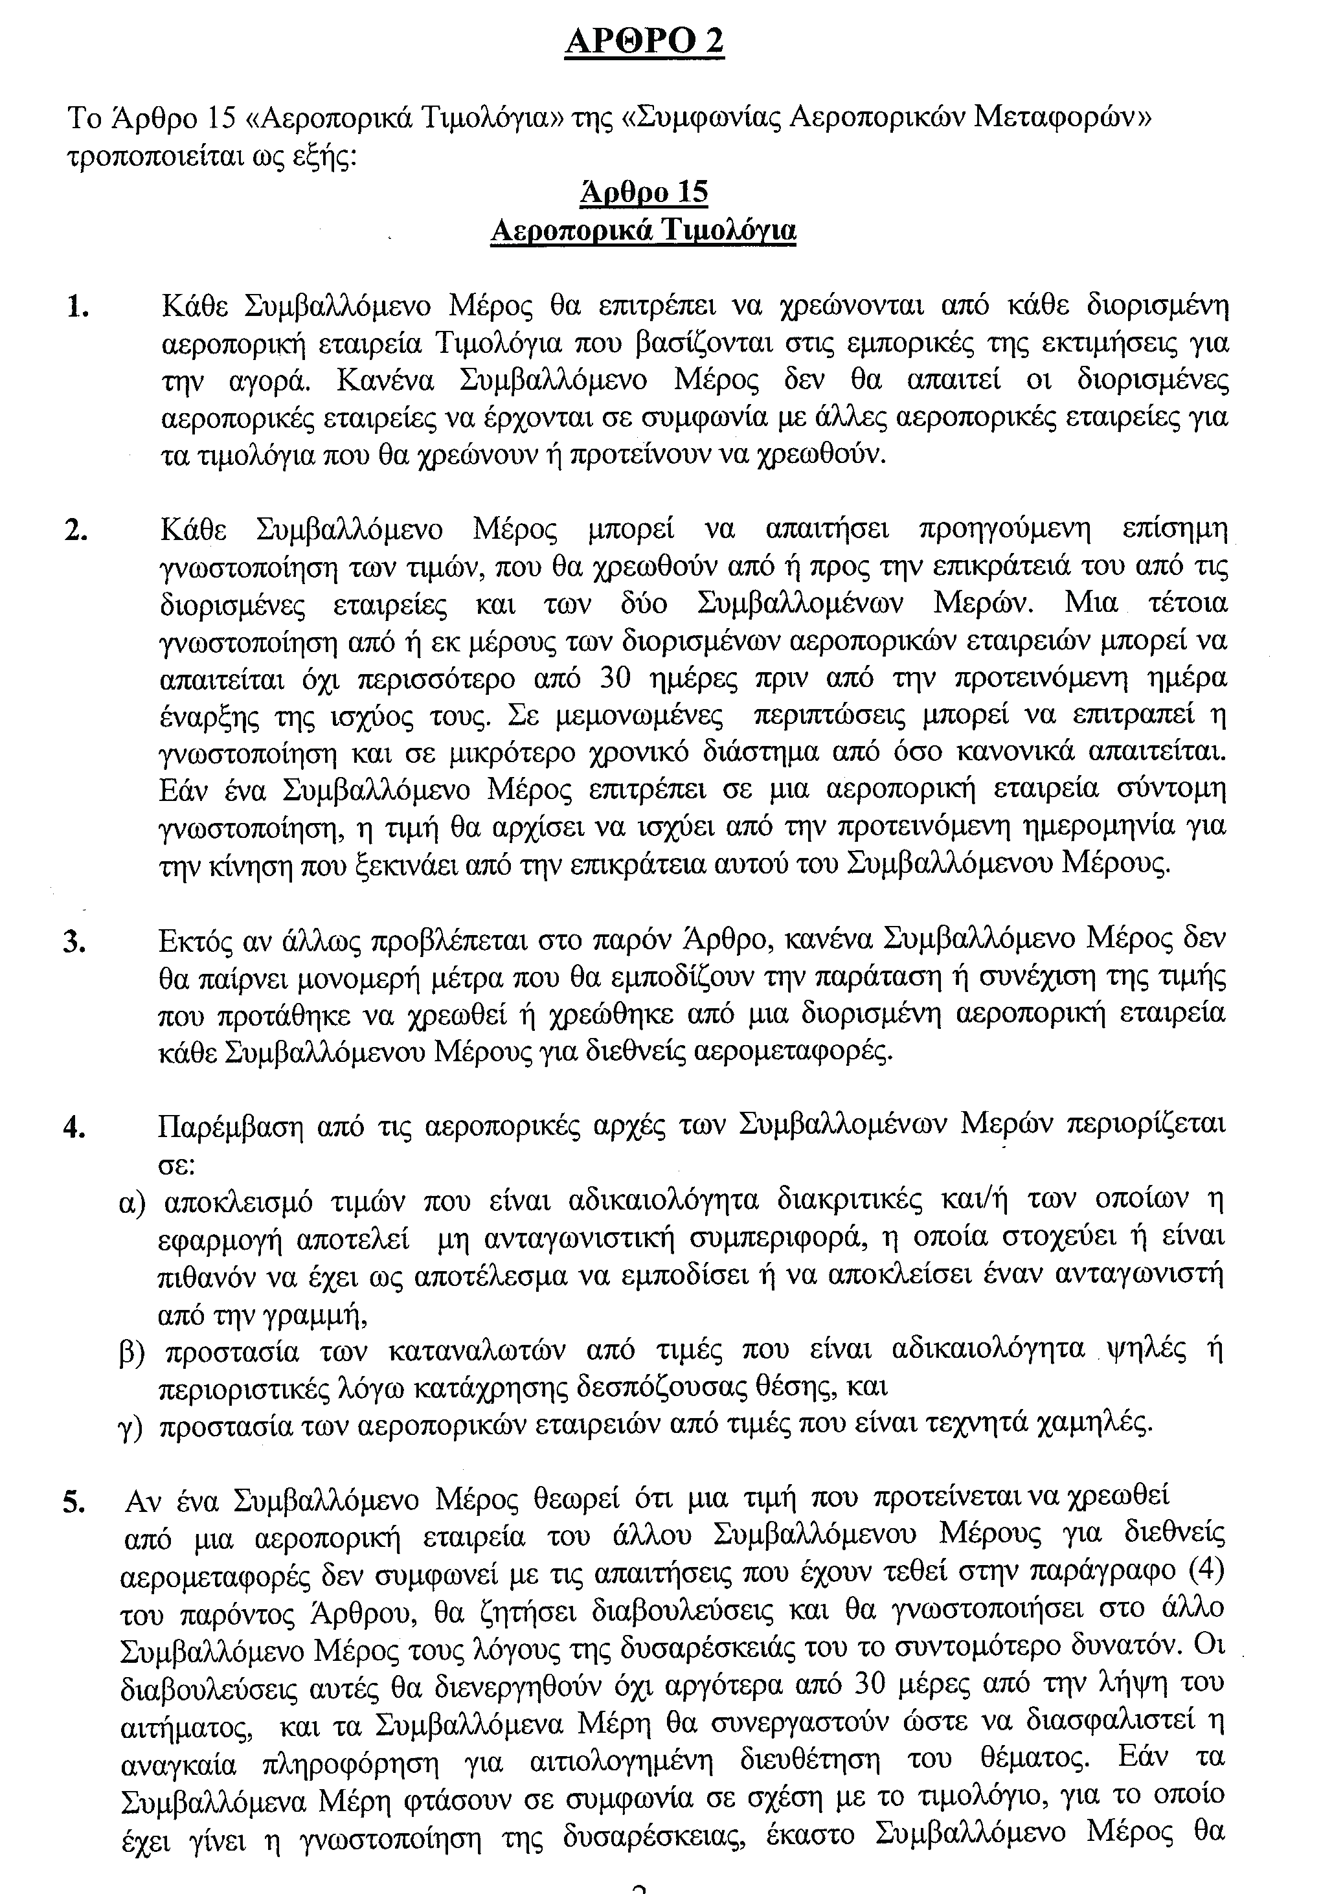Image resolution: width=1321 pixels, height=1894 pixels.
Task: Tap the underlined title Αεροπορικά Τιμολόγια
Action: tap(644, 230)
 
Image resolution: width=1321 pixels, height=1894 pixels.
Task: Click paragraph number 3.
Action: tap(75, 942)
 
